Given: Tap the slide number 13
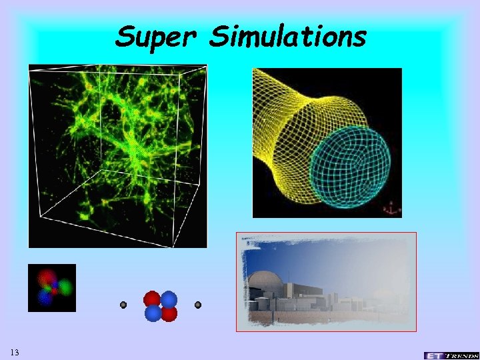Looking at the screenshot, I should (x=15, y=351).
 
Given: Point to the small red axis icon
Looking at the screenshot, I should (x=390, y=209).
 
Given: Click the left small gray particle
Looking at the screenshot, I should (x=123, y=305).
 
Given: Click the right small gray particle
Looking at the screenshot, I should (x=198, y=305).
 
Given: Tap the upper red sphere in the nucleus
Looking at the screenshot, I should (x=152, y=299).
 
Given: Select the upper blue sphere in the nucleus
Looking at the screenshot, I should (x=169, y=299).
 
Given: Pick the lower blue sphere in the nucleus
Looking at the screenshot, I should (x=153, y=313).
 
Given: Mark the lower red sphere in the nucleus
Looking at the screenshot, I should (x=169, y=313).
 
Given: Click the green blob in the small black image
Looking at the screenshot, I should (x=64, y=287).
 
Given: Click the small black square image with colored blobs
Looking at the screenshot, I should (x=52, y=288).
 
